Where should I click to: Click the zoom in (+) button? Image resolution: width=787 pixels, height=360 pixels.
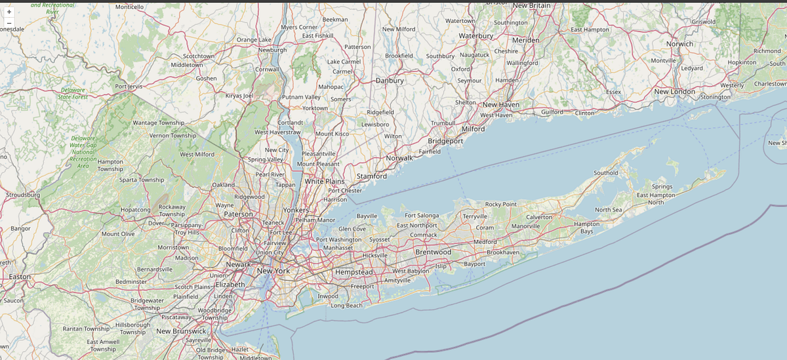coord(9,12)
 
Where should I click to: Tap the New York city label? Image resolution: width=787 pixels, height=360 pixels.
coord(273,271)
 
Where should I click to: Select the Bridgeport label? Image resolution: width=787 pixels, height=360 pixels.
coord(445,141)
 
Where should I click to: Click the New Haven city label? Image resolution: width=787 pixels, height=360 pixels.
coord(500,105)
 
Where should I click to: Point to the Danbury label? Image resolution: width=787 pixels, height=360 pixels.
coord(389,81)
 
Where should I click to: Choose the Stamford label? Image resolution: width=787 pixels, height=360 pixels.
coord(371,176)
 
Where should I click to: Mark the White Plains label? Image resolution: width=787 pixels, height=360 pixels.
coord(324,181)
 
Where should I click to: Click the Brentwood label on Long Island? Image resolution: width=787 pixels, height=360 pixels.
coord(433,252)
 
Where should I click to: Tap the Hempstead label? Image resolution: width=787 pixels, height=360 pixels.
coord(353,271)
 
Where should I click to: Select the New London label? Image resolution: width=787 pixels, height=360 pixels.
coord(674,92)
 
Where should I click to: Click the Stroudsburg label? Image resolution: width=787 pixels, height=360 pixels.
coord(23,195)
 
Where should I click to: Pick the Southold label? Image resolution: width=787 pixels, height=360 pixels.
coord(605,173)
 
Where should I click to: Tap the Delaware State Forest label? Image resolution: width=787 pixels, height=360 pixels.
coord(72,93)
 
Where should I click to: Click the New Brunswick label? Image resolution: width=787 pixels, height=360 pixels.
coord(181,331)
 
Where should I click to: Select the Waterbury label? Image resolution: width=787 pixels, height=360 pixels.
coord(475,35)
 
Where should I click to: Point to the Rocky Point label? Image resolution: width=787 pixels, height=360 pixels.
coord(501,205)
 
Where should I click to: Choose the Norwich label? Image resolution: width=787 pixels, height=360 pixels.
coord(679,44)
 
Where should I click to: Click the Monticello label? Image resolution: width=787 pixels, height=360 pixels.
coord(129,7)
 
